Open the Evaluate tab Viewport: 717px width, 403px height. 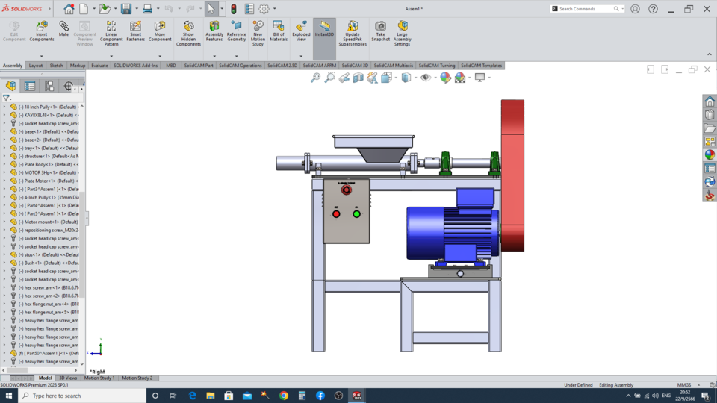point(99,66)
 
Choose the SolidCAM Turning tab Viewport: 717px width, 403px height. point(437,66)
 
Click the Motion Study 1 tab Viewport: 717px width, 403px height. point(99,378)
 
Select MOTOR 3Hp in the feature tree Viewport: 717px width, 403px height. point(49,172)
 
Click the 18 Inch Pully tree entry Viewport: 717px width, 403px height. point(49,107)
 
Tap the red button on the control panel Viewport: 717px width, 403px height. point(336,214)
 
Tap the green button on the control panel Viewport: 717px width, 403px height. point(356,214)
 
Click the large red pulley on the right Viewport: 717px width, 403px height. point(512,175)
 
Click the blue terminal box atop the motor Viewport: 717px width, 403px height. point(474,197)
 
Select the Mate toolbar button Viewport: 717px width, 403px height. point(63,29)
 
